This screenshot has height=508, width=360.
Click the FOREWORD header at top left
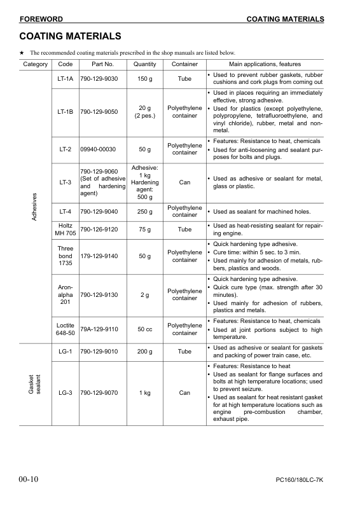(41, 19)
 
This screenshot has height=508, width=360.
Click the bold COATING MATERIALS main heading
(70, 36)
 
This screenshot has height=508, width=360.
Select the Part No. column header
(102, 64)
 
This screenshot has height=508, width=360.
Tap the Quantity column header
(145, 64)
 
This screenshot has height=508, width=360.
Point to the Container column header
(184, 64)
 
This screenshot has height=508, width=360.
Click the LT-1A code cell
(65, 79)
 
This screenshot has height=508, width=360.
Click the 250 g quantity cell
(145, 212)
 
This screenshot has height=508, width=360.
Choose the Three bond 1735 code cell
(65, 256)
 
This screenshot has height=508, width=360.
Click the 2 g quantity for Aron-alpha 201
(145, 295)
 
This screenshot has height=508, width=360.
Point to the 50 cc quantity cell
(145, 329)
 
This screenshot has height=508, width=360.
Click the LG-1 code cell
(65, 352)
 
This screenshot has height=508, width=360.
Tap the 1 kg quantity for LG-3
(145, 393)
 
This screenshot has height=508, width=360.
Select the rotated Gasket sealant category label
(35, 387)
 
